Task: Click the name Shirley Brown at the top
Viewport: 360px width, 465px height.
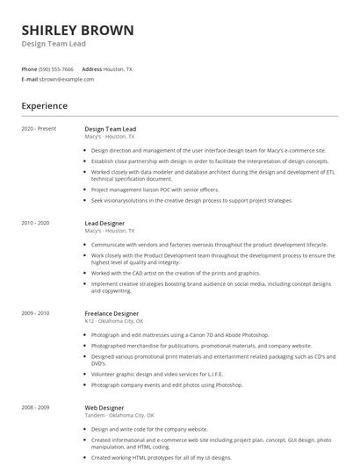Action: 78,31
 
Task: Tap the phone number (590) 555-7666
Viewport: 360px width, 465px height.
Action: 56,68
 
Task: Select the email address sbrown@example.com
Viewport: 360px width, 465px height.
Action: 66,79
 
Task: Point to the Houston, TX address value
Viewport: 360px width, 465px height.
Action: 118,68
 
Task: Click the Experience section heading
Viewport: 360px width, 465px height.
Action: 45,106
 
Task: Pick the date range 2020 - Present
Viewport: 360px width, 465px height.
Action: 39,128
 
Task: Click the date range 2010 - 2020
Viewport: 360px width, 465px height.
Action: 37,224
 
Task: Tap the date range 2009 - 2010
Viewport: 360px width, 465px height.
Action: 37,312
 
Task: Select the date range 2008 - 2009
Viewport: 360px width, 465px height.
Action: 37,408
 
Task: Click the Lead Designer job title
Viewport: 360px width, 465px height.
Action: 104,224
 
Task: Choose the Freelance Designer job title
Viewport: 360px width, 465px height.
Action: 112,312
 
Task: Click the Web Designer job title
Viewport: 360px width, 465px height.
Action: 104,408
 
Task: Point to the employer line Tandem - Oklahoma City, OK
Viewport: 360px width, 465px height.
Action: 119,415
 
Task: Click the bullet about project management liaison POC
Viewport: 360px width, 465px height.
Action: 155,190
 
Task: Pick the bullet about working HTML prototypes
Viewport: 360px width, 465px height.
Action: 161,458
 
